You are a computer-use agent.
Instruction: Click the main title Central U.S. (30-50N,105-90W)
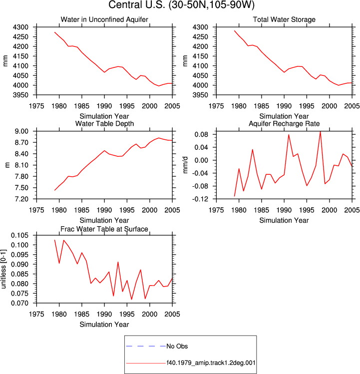(x=182, y=5)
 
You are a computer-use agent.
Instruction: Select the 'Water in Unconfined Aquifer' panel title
(x=104, y=19)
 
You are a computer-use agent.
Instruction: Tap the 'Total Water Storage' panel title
(x=284, y=19)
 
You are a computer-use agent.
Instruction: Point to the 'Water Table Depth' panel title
(x=104, y=123)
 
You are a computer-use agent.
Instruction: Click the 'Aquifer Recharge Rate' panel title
(x=284, y=123)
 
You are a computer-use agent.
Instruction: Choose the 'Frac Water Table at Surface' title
(x=104, y=229)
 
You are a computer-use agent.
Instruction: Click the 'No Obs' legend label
(x=177, y=346)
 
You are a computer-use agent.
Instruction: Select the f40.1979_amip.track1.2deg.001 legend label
(x=211, y=363)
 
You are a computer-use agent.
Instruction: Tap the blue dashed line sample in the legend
(x=146, y=346)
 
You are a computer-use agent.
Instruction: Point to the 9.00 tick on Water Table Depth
(x=21, y=131)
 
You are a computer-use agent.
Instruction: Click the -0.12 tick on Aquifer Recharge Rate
(x=201, y=199)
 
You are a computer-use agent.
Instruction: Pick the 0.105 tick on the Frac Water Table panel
(x=19, y=235)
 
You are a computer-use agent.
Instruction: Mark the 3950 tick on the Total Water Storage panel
(x=201, y=95)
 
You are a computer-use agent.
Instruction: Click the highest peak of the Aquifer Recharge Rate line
(x=321, y=131)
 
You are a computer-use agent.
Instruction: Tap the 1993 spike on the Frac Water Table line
(x=118, y=262)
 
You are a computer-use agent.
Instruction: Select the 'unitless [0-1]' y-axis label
(x=3, y=269)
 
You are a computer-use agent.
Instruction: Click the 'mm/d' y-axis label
(x=185, y=165)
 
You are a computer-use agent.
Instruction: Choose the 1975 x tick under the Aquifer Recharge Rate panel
(x=216, y=210)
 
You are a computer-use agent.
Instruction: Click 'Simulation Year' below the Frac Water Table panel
(x=104, y=325)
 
